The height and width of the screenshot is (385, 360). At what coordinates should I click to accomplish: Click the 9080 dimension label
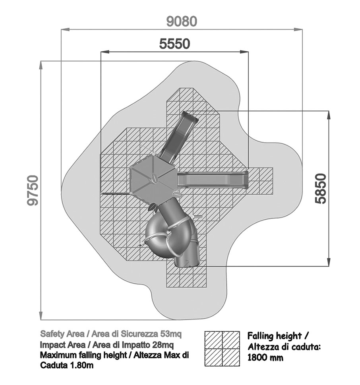[182, 21]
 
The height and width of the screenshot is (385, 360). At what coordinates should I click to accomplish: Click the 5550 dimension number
[174, 44]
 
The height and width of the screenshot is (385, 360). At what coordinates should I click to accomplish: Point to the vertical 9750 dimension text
[33, 190]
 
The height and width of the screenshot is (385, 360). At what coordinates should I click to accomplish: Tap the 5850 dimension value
[321, 189]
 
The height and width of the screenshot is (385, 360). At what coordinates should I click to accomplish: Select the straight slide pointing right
[213, 180]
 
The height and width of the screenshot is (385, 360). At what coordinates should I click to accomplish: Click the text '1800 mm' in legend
[265, 358]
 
